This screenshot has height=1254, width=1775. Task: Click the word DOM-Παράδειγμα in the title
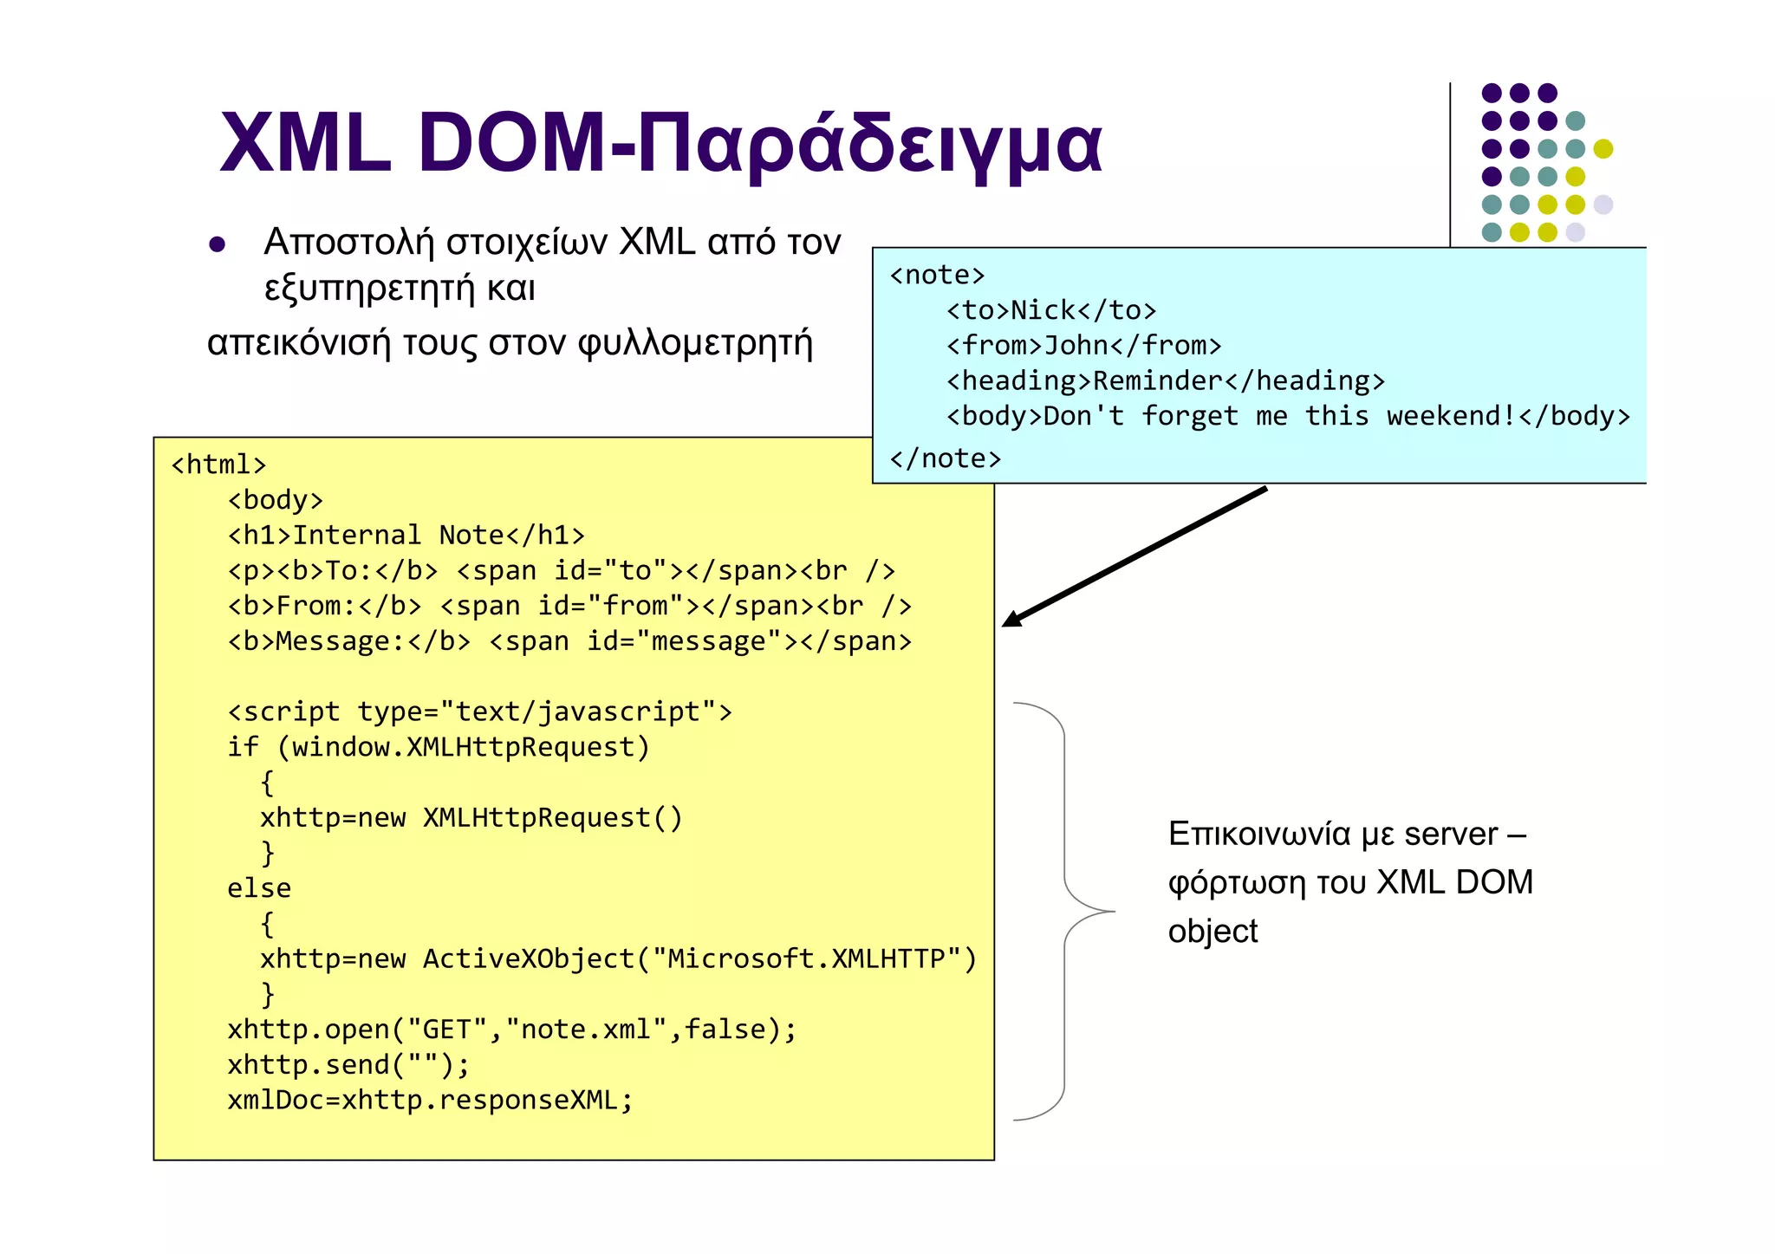pos(759,144)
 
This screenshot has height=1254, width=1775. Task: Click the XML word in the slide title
pos(305,144)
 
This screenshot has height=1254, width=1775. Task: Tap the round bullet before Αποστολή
pos(218,245)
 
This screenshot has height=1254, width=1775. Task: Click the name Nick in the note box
pos(1044,310)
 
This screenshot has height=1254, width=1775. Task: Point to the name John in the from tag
pos(1076,346)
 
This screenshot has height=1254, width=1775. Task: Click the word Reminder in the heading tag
pos(1158,381)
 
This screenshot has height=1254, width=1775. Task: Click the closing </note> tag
pos(946,458)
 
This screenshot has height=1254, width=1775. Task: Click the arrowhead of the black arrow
pos(1011,620)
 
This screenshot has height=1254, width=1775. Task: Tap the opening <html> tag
pos(218,465)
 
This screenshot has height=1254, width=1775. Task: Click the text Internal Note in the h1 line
pos(399,536)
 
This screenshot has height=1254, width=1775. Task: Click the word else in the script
pos(259,888)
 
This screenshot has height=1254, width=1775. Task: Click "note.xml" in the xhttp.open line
pos(587,1030)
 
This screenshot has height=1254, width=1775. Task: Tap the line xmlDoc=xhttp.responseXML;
pos(430,1101)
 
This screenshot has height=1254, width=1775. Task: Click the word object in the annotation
pos(1213,932)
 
